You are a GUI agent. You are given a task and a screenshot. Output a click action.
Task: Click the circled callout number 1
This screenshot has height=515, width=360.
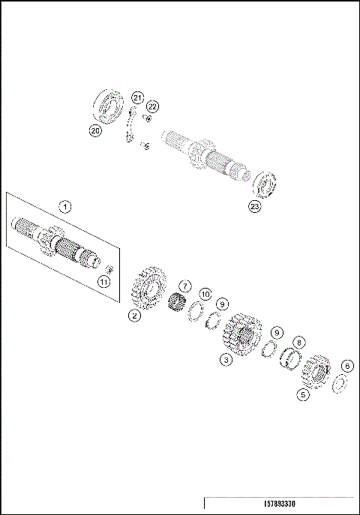pos(65,205)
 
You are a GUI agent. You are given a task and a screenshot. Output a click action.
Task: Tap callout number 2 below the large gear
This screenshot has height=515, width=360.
pos(134,316)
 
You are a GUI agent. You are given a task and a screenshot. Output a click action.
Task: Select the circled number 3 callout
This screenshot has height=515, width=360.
pos(224,360)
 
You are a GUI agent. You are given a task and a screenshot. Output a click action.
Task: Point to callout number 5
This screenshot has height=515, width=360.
pos(304,394)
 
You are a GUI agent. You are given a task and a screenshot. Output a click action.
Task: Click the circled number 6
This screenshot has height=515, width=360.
pos(346,366)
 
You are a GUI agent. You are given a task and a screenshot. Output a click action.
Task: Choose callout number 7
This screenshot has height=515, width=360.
pos(185,286)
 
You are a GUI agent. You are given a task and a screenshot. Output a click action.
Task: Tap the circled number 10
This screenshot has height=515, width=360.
pos(205,295)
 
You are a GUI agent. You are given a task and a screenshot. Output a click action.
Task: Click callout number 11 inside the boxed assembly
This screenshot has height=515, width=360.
pos(104,281)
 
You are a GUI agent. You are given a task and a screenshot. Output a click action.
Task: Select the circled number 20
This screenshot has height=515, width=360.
pos(95,130)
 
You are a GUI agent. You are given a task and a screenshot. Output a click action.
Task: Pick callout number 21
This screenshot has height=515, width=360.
pos(137,97)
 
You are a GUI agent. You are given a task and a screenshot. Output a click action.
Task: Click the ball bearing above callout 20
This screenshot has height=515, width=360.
pos(109,104)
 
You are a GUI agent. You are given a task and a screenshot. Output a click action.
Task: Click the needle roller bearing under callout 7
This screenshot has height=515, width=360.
pos(178,306)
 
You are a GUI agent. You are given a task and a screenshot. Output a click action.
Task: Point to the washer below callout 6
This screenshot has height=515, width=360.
pos(338,384)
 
